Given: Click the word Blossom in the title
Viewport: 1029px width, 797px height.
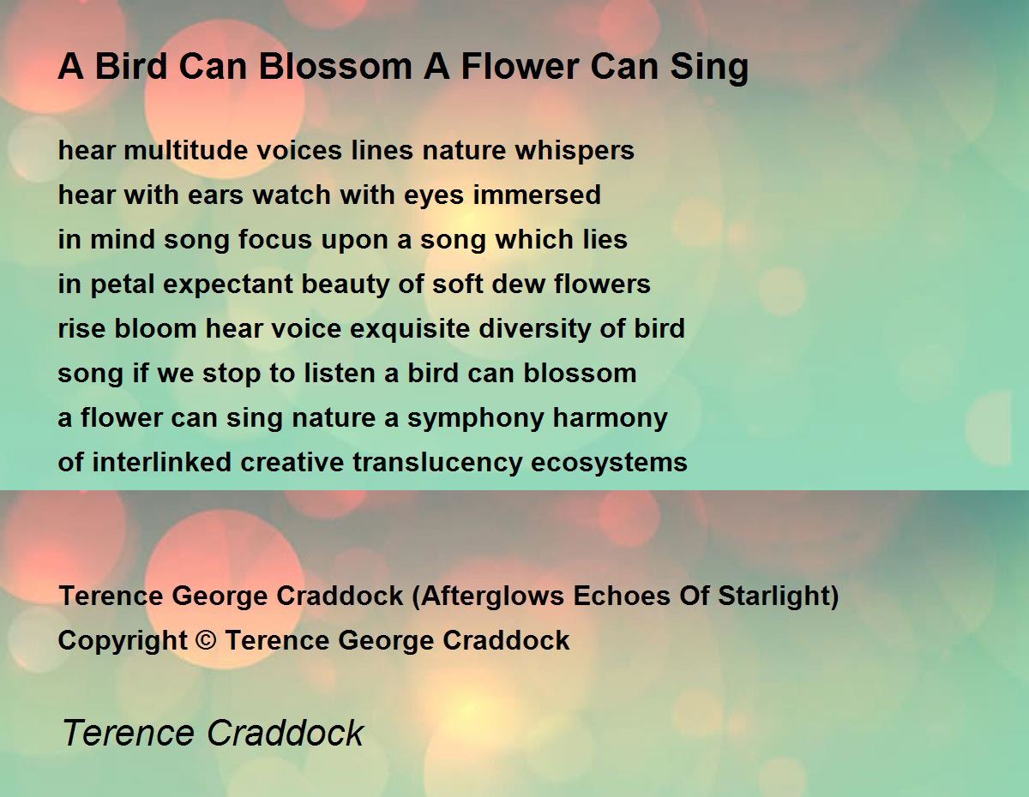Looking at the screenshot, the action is tap(335, 66).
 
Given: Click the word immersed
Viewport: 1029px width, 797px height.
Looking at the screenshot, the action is tap(537, 195).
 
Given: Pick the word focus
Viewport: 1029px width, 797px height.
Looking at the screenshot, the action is tap(275, 239).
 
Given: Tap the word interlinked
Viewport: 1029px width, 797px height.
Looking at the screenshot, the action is tap(161, 462).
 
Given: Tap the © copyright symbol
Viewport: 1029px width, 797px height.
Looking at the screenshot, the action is tap(206, 640).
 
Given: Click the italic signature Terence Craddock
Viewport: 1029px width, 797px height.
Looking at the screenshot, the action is tap(212, 733).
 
